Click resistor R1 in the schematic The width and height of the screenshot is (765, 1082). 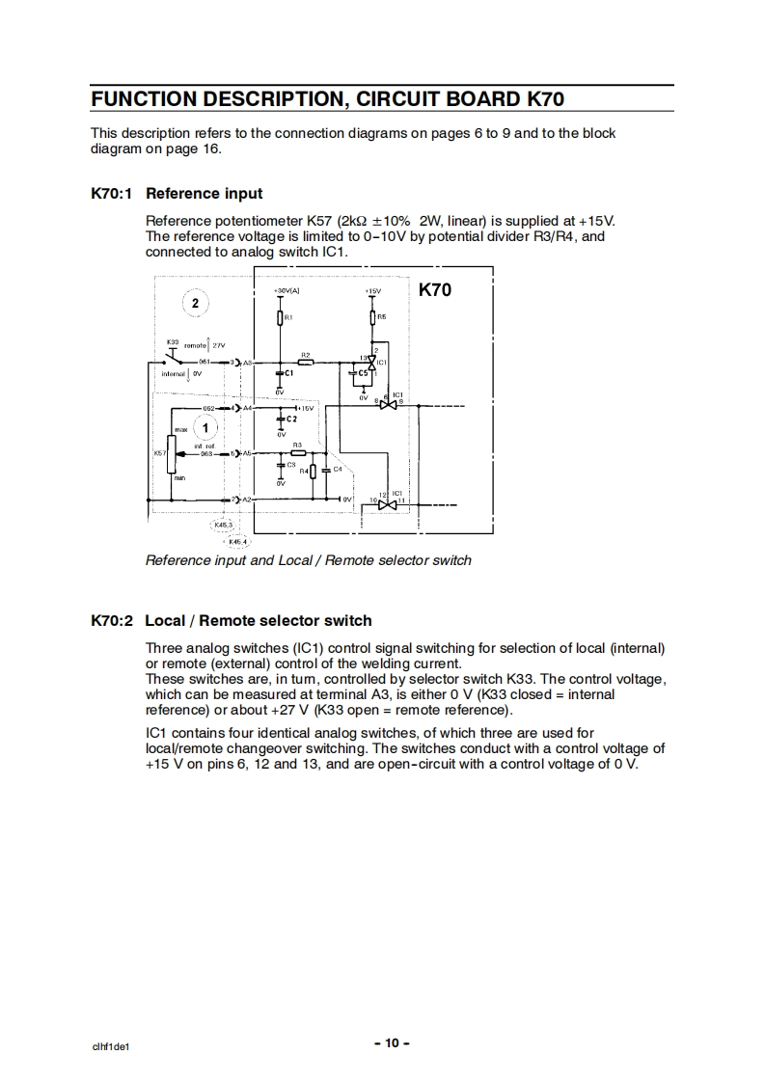(280, 316)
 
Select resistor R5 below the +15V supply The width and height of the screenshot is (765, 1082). (373, 316)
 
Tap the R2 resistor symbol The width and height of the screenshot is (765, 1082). (305, 363)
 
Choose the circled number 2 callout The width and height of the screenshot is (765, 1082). (195, 303)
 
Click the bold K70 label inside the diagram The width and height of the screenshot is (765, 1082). (434, 289)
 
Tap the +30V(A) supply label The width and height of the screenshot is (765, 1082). (286, 290)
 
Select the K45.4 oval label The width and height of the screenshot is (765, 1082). (236, 542)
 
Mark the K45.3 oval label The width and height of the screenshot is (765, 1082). (223, 526)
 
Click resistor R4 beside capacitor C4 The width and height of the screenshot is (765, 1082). (313, 471)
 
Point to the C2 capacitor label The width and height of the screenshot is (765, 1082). (291, 419)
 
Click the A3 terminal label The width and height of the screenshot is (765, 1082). (247, 363)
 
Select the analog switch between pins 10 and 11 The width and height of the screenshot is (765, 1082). (387, 503)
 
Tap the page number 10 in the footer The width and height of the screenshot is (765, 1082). (392, 1042)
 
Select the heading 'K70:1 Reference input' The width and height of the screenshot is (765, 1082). (177, 193)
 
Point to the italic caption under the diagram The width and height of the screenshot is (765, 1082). (308, 560)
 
